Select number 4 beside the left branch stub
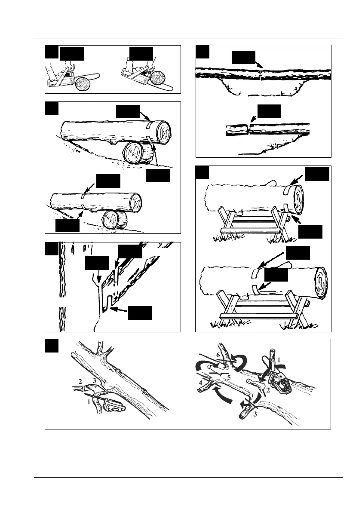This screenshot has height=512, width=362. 200,381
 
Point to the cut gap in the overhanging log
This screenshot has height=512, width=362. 248,129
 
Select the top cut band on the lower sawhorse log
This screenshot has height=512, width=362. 255,272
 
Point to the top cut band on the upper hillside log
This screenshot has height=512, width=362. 148,124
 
